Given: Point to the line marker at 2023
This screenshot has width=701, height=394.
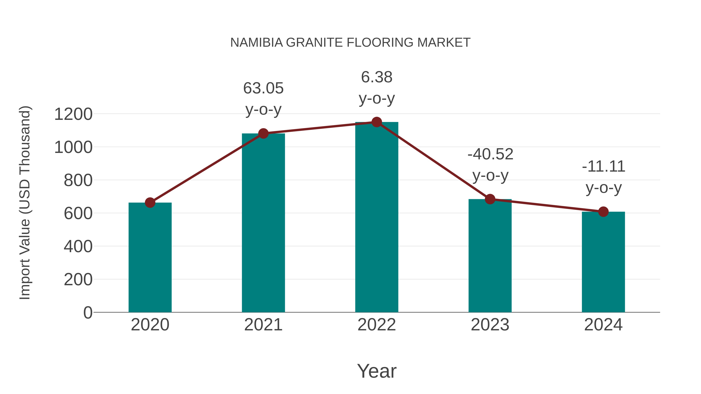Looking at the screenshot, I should (490, 199).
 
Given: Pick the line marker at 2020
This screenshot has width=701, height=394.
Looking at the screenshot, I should (150, 202).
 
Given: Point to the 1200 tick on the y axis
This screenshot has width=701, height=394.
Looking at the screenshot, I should (73, 114).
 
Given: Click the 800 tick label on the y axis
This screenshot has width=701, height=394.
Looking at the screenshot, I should (78, 180).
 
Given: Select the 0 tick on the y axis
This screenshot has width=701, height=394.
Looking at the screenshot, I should (88, 312).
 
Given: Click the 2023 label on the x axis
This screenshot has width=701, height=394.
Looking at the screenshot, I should (490, 325).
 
